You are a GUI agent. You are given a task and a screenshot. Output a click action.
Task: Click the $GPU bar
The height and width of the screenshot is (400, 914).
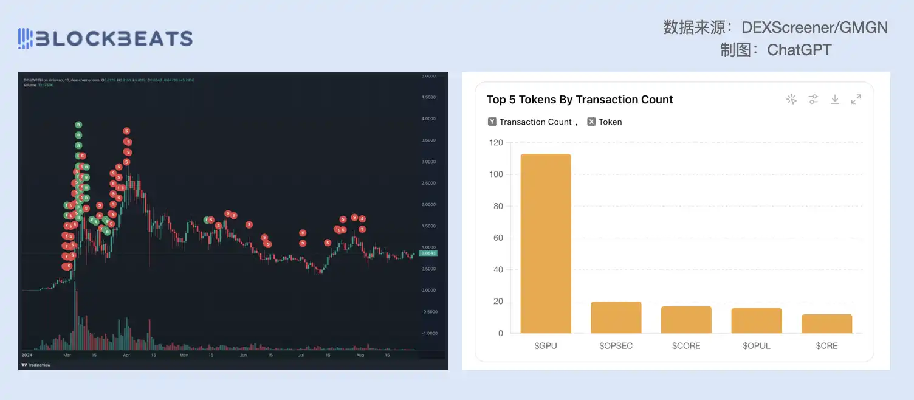click(x=545, y=244)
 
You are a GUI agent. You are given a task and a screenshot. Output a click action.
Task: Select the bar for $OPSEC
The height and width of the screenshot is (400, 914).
click(x=616, y=317)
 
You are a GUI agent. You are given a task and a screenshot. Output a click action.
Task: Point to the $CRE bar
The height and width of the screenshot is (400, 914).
click(x=826, y=323)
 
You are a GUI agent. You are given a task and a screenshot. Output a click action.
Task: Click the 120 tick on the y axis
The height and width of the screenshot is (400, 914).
click(x=496, y=143)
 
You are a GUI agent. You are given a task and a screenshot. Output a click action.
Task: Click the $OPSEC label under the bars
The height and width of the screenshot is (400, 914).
click(x=616, y=346)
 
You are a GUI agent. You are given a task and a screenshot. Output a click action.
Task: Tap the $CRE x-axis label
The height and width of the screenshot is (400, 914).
click(x=826, y=346)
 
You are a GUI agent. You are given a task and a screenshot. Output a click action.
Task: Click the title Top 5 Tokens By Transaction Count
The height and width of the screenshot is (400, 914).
click(x=580, y=100)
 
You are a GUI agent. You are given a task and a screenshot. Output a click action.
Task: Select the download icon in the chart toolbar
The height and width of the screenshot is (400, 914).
click(x=835, y=99)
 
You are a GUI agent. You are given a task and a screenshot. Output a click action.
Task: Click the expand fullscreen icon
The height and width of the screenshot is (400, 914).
click(x=856, y=99)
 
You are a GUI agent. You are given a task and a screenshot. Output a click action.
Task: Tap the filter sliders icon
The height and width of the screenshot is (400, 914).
click(x=813, y=99)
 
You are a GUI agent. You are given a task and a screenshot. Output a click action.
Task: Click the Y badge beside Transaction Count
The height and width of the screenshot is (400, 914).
click(x=492, y=122)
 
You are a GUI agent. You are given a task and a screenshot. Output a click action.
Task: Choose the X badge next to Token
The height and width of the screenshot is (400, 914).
click(x=591, y=122)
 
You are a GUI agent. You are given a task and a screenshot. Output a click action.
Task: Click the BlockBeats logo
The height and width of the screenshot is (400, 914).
click(x=105, y=39)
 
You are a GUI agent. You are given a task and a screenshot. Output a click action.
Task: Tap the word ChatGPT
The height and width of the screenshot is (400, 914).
click(x=799, y=49)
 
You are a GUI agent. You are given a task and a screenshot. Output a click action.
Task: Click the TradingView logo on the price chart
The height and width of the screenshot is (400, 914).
click(x=35, y=365)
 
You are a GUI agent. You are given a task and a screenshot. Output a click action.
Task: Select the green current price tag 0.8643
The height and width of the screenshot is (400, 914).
click(x=428, y=253)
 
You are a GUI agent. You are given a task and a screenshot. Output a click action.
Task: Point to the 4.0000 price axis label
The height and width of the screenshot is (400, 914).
click(x=429, y=119)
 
